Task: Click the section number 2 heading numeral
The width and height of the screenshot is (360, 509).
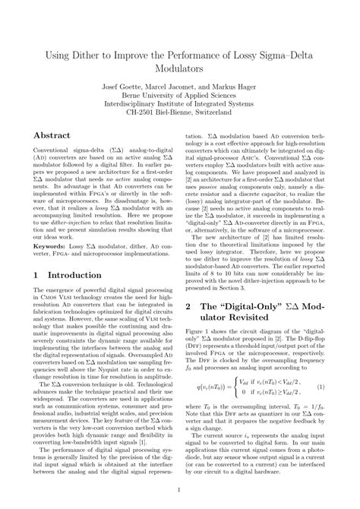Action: coord(190,307)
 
